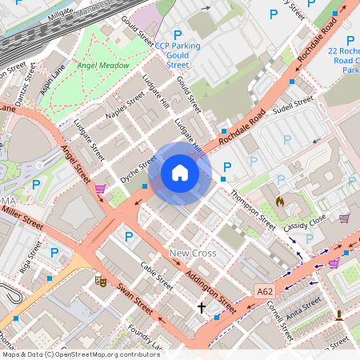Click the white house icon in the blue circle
click(180, 172)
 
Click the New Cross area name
click(193, 254)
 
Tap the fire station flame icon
click(280, 202)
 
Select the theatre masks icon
click(101, 281)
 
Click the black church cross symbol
click(202, 307)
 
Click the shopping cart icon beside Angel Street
click(100, 190)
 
